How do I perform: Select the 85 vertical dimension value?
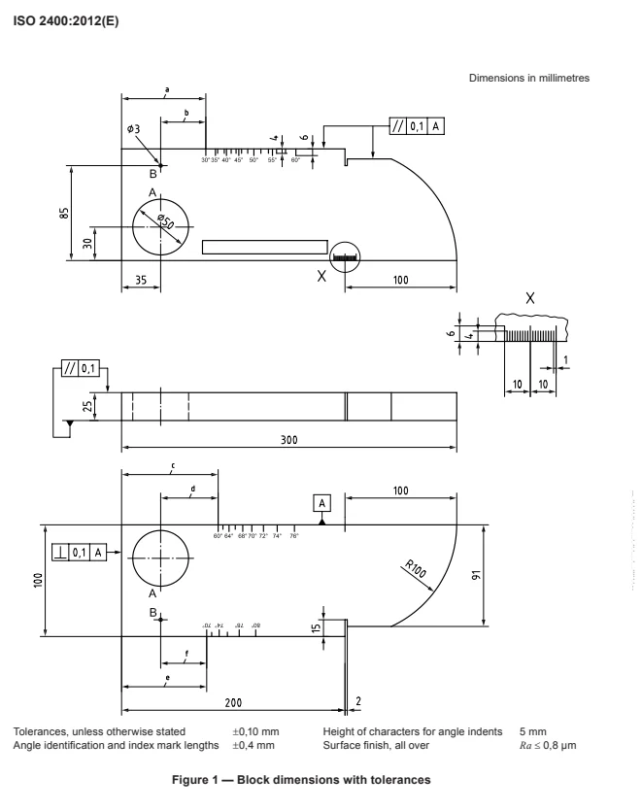(x=63, y=213)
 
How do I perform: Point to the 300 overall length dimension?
(x=287, y=438)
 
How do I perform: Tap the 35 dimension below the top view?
(x=141, y=279)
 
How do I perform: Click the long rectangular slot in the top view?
(x=264, y=247)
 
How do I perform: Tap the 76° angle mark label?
(x=294, y=535)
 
